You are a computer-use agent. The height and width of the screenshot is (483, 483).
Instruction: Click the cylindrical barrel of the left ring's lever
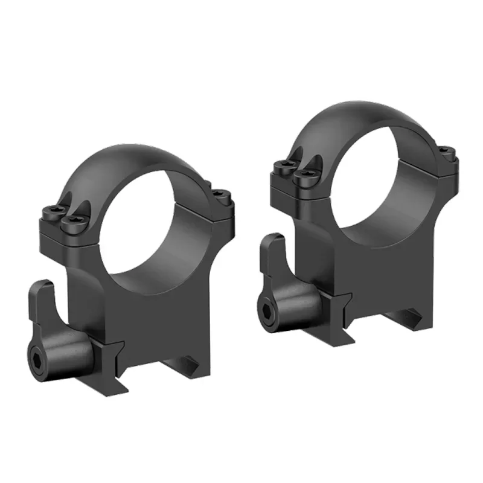tap(72, 356)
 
